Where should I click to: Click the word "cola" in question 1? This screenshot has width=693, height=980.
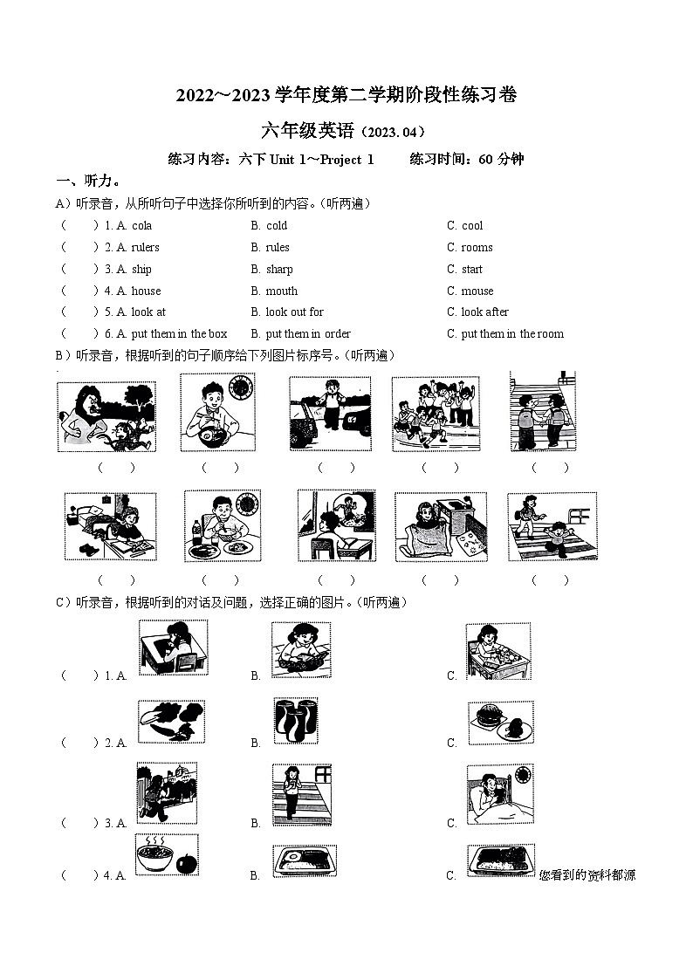[141, 225]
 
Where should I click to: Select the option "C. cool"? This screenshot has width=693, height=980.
[465, 225]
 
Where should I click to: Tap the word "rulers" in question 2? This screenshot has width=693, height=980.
[145, 247]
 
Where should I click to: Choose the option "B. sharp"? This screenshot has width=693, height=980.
[271, 269]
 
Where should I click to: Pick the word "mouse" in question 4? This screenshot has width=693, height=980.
[477, 291]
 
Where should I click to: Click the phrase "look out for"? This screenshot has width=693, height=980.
[294, 312]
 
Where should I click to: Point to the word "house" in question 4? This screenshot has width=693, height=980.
[146, 291]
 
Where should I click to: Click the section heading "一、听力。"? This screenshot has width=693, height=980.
[88, 181]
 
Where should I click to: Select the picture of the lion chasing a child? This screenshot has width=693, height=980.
[106, 416]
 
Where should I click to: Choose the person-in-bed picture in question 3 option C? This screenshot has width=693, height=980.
[499, 794]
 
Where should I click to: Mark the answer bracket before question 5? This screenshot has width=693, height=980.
[79, 312]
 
